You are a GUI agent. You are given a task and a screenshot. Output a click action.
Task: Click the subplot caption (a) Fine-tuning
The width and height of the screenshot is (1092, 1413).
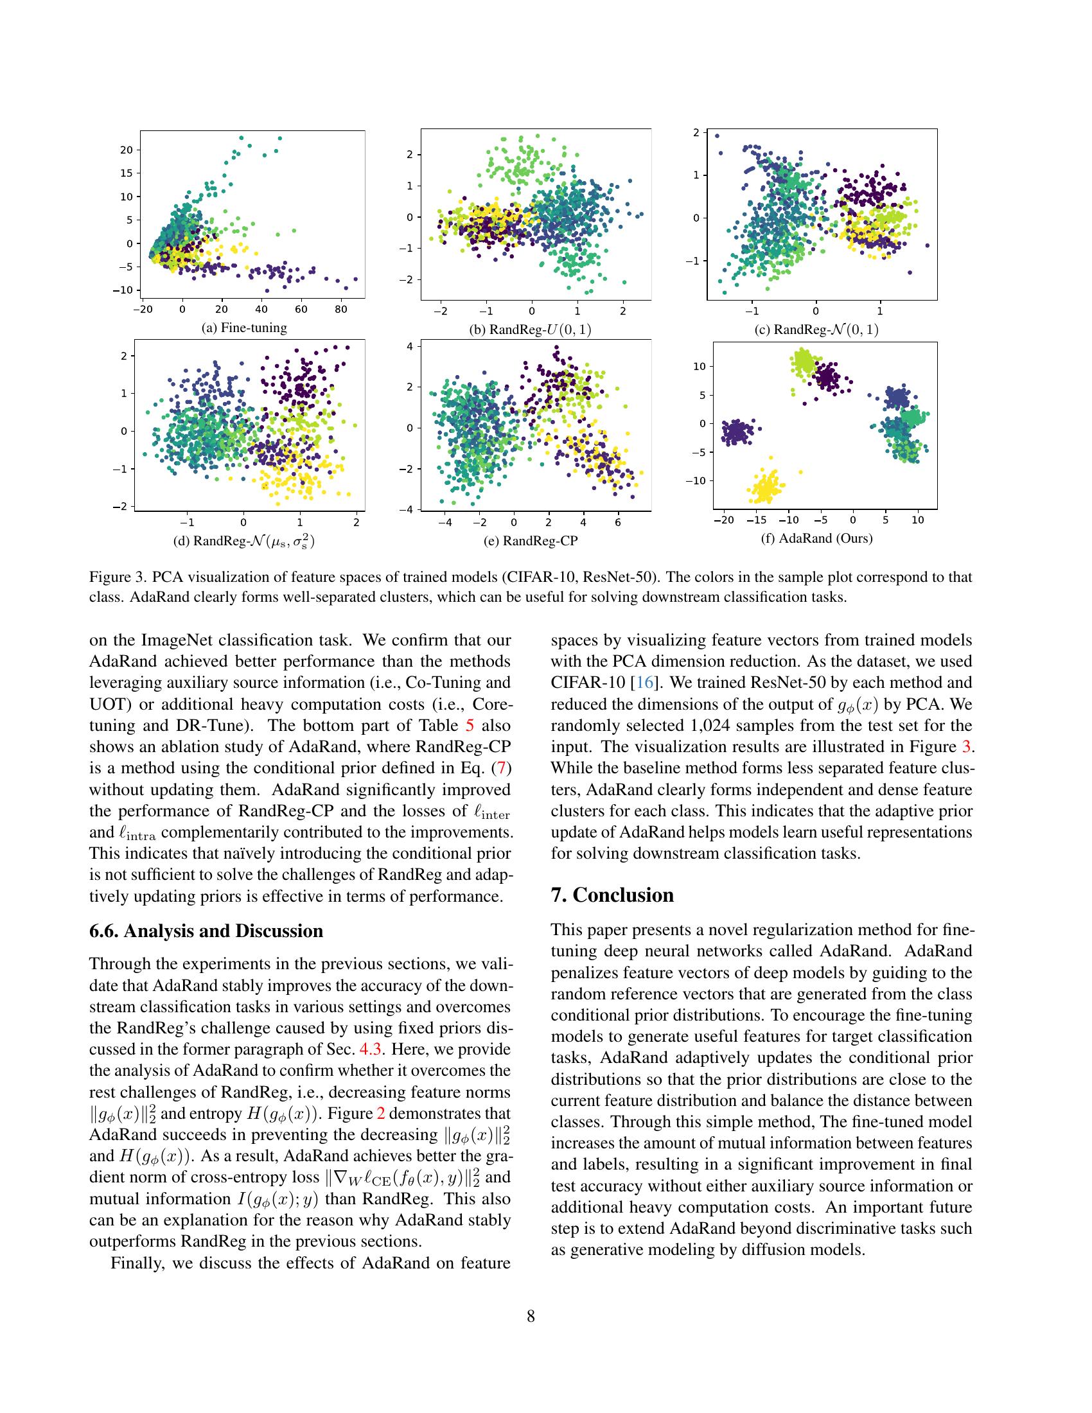point(244,328)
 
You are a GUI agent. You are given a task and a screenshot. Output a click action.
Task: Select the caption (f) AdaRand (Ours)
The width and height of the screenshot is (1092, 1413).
point(816,538)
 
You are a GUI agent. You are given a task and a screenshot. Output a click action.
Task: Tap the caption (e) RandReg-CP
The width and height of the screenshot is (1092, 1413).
point(531,540)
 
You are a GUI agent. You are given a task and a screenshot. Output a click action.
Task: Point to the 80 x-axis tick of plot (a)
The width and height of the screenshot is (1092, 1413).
point(340,310)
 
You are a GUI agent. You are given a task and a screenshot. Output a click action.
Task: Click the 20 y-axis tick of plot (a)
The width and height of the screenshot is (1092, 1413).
point(125,150)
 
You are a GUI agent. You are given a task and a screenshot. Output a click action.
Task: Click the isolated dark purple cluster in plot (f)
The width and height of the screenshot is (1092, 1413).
point(739,431)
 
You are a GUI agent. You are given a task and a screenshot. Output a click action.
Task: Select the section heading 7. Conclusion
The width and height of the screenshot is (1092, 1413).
point(612,895)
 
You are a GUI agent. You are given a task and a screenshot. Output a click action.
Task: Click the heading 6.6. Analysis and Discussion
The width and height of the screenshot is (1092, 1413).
point(206,931)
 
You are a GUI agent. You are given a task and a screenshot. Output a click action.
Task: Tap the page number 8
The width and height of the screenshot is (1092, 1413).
point(531,1315)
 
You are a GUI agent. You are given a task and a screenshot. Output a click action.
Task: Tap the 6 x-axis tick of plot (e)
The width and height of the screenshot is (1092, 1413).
point(617,522)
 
